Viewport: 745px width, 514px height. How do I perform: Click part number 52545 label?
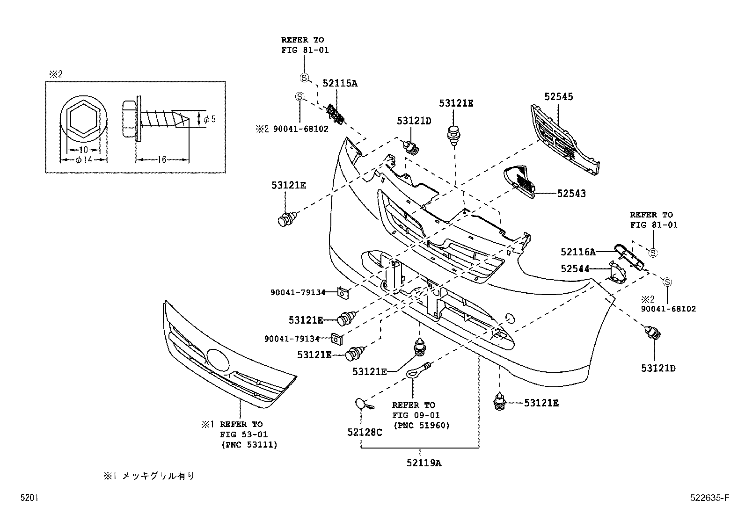click(x=558, y=97)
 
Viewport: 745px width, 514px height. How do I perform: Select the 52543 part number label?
click(x=571, y=194)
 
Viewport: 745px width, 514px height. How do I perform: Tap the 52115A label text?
click(x=340, y=83)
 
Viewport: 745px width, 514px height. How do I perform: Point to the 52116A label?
click(x=578, y=253)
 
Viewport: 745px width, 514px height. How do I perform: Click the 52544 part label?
click(x=575, y=268)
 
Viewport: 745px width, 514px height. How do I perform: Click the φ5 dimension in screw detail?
click(x=210, y=119)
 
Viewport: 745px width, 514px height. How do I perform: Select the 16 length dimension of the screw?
click(x=162, y=159)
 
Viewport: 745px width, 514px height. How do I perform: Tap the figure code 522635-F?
click(x=709, y=498)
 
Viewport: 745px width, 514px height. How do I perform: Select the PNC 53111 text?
click(x=249, y=445)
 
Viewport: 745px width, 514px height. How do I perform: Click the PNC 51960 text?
click(x=421, y=425)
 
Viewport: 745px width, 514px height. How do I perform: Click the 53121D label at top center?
click(x=414, y=121)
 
